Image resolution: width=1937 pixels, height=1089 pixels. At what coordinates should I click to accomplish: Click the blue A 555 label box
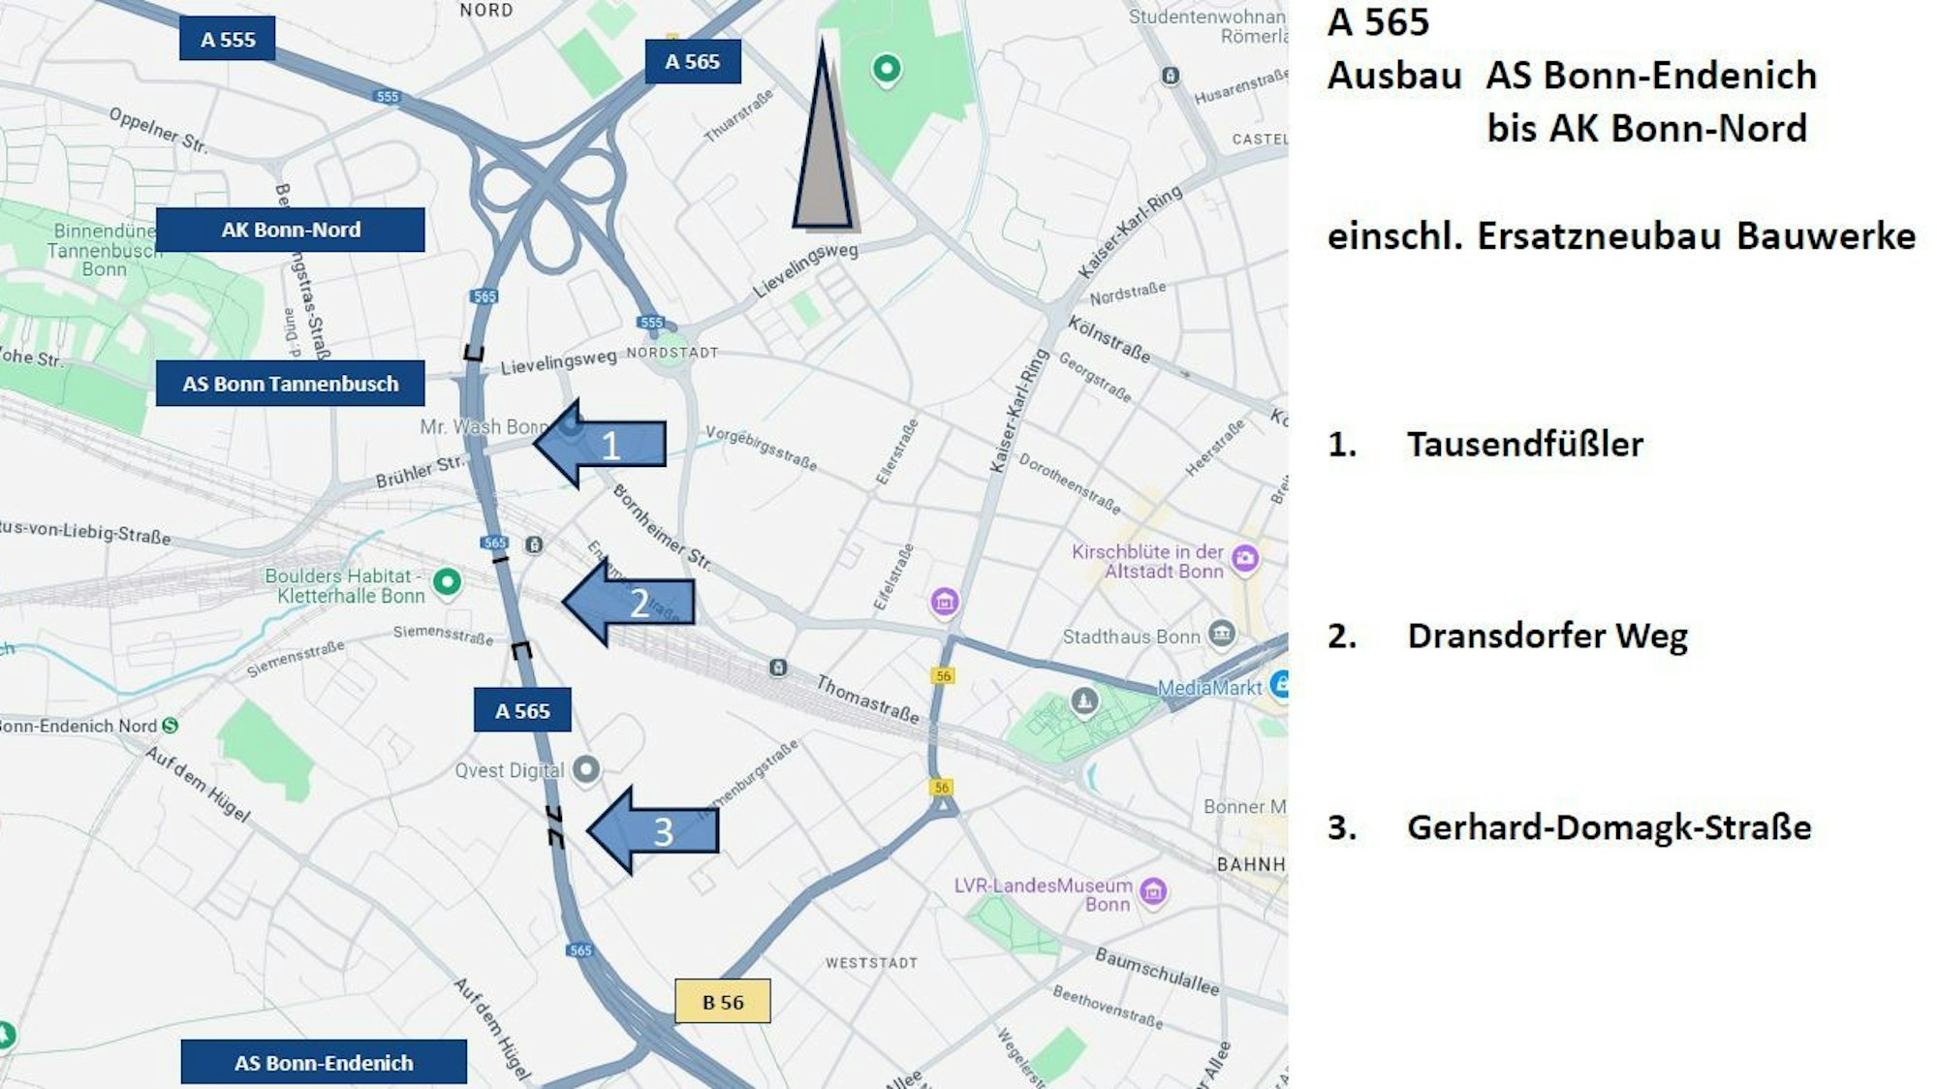(227, 39)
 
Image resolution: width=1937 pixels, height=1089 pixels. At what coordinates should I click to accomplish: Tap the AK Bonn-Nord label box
(290, 230)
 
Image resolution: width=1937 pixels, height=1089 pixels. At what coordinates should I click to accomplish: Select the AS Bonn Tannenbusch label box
(290, 384)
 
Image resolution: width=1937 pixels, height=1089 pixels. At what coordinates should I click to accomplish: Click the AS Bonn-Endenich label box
(324, 1063)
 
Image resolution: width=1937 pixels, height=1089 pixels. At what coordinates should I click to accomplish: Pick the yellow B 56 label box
(723, 1002)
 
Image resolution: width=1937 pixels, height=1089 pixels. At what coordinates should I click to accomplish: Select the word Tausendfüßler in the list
(1524, 444)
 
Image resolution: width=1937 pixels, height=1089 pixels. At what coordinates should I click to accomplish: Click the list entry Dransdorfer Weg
(1546, 636)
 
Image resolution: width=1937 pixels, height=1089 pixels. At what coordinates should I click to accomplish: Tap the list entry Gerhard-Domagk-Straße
(1609, 827)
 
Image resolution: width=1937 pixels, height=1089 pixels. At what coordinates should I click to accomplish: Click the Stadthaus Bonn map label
(1131, 637)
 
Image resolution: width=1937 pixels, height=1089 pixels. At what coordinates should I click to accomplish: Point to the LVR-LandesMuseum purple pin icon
(1153, 890)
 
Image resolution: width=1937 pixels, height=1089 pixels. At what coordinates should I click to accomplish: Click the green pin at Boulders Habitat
(447, 581)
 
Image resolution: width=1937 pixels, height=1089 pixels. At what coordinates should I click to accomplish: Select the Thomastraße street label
(867, 700)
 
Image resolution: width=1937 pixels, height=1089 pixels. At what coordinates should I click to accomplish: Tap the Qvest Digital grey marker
(586, 769)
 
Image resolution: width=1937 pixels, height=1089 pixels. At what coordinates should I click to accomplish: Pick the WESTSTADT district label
(871, 963)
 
